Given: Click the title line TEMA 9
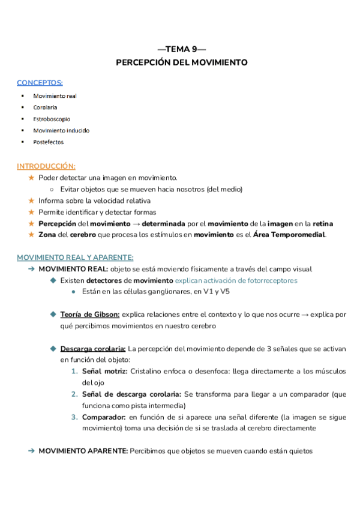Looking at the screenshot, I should [x=181, y=49].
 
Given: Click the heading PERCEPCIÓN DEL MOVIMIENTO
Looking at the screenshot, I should [x=181, y=62].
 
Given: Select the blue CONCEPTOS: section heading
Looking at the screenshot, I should [x=40, y=82].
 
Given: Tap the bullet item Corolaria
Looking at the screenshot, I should [x=46, y=107].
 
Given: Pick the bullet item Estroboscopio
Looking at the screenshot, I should [x=52, y=119].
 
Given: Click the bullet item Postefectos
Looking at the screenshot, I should [x=49, y=142].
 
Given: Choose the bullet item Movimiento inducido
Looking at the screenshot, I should [x=61, y=130].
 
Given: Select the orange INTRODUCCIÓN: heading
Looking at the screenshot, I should [x=46, y=166].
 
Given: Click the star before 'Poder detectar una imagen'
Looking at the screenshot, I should [x=32, y=178].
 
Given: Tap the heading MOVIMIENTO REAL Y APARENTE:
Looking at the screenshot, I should [x=76, y=258].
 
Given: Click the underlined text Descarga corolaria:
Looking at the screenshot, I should [x=93, y=349].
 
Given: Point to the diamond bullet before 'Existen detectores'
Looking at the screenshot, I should [x=53, y=280].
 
